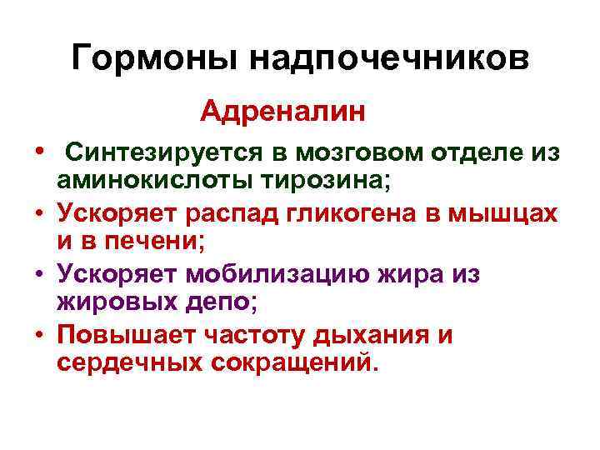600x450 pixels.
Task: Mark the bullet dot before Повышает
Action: (x=39, y=335)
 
